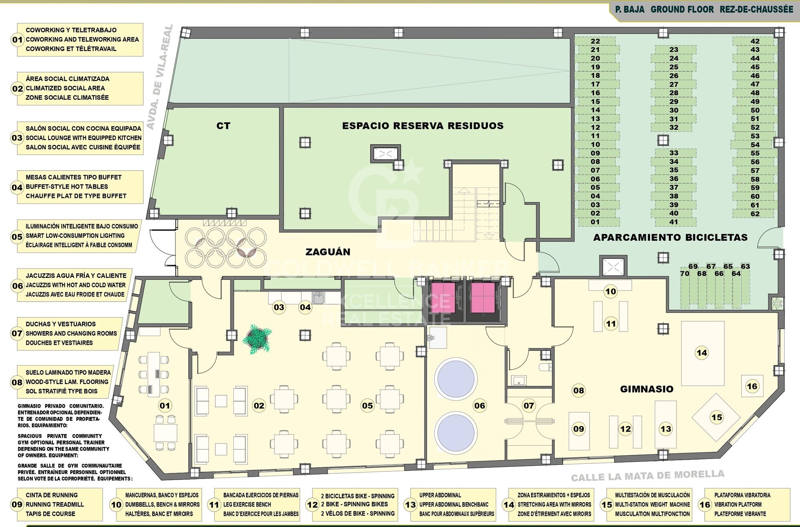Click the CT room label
click(223, 126)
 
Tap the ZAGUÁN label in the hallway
click(328, 252)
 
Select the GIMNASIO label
click(647, 389)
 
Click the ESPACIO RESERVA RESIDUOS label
click(423, 126)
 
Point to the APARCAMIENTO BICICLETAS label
click(670, 237)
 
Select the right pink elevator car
click(483, 295)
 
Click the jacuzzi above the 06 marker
click(456, 378)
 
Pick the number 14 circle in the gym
click(702, 353)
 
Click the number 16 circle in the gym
click(752, 386)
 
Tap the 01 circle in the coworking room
click(165, 406)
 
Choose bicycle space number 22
click(595, 41)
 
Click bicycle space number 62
click(755, 214)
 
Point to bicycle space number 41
click(674, 222)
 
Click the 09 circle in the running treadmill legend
click(17, 505)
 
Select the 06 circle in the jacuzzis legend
click(18, 286)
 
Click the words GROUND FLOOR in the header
click(682, 9)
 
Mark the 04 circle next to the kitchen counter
click(305, 308)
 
